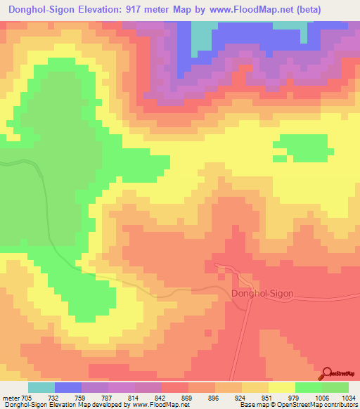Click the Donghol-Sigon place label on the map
(262, 294)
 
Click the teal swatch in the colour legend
(41, 387)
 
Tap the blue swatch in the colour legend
(67, 387)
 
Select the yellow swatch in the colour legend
(281, 387)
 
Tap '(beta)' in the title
(336, 10)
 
